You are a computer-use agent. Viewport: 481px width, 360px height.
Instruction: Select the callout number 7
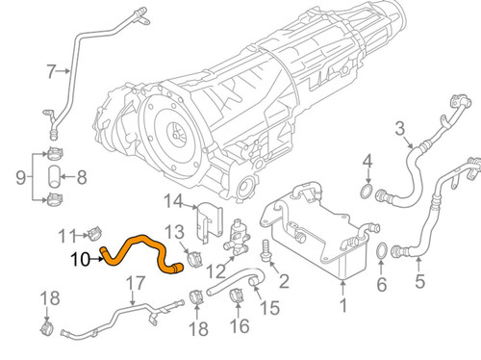(x=52, y=70)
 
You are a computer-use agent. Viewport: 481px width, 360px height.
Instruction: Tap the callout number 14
(x=173, y=201)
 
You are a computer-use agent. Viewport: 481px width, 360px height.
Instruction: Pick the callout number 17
(x=135, y=285)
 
